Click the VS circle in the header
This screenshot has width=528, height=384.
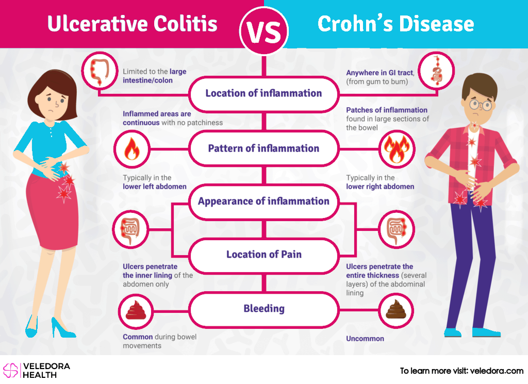tap(264, 31)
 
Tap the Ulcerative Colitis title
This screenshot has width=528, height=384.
tap(133, 24)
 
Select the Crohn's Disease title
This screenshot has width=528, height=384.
tap(395, 24)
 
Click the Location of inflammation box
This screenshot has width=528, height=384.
tap(264, 94)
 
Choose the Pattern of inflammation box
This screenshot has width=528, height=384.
tap(264, 148)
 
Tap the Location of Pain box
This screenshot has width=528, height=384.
tap(264, 255)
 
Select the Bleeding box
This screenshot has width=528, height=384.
tap(264, 309)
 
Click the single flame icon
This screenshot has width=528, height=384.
tap(131, 149)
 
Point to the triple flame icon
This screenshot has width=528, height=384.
tap(397, 149)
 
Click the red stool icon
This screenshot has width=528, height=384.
tap(136, 311)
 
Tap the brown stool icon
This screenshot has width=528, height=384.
tap(397, 310)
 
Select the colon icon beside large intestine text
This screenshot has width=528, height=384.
tap(100, 71)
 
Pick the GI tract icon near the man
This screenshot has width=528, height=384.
tap(436, 71)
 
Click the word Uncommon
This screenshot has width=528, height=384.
tap(365, 339)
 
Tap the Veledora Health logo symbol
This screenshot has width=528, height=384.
tap(10, 370)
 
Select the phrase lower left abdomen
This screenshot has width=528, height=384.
tap(155, 187)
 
